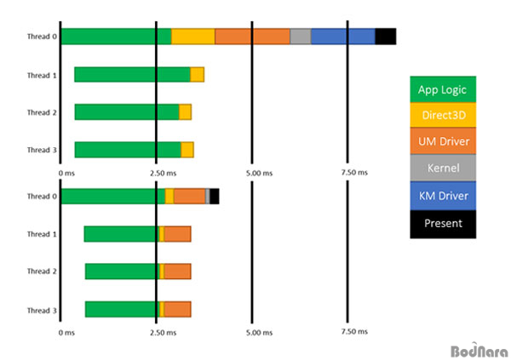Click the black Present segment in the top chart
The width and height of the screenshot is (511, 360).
click(x=386, y=37)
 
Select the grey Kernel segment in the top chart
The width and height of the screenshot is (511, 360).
click(x=301, y=37)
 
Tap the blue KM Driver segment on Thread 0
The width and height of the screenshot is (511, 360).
click(x=343, y=37)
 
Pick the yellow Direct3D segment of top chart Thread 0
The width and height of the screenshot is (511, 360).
click(x=193, y=37)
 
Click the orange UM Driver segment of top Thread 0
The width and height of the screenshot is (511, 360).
click(x=252, y=37)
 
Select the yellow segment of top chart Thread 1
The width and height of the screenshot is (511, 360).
click(x=198, y=75)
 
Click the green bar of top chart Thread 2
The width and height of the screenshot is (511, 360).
click(x=127, y=112)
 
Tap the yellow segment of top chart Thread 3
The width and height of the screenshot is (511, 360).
click(x=187, y=150)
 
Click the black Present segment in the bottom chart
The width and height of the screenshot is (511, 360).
click(x=215, y=197)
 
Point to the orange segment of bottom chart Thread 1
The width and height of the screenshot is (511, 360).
click(x=177, y=234)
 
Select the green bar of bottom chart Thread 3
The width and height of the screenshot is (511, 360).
click(x=122, y=309)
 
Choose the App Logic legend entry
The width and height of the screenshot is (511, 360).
click(x=443, y=89)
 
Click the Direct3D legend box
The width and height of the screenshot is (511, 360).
click(x=443, y=115)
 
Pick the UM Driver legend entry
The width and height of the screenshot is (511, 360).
click(x=443, y=140)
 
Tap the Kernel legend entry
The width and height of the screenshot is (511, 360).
click(x=443, y=168)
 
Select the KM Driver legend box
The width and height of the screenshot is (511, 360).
click(x=443, y=196)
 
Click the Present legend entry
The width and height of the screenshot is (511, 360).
click(x=443, y=224)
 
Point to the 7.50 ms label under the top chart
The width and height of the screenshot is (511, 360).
click(x=354, y=173)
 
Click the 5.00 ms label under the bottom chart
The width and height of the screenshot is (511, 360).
click(x=259, y=333)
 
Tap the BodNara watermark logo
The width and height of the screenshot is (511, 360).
click(x=479, y=350)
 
